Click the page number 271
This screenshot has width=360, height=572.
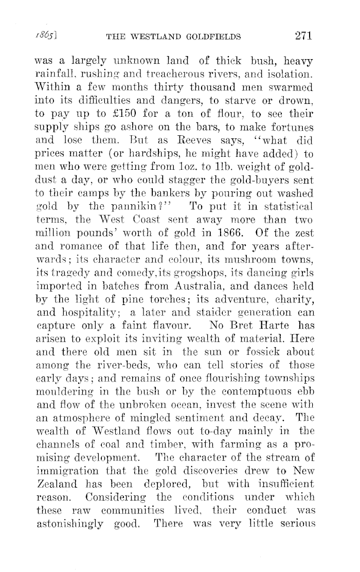point(300,35)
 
